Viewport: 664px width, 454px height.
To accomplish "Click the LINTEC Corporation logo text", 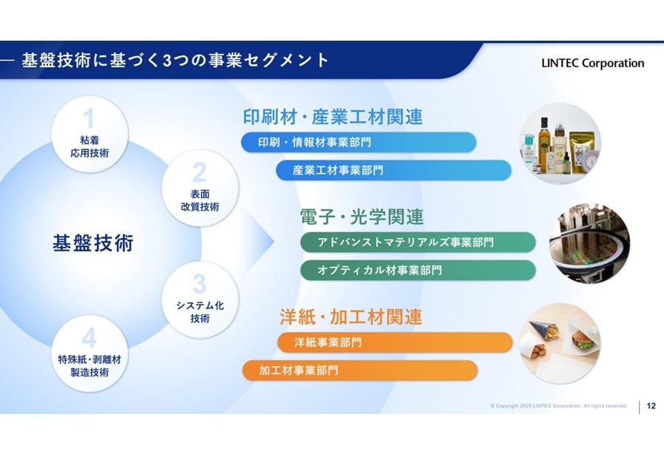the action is coord(592,63).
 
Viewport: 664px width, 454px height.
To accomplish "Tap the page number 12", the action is coord(651,406).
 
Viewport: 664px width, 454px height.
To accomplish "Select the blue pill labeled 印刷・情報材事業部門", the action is coord(359,142).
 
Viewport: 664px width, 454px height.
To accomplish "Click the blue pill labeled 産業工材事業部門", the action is coord(393,170).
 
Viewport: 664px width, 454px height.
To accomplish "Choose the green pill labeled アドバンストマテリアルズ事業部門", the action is coord(418,243).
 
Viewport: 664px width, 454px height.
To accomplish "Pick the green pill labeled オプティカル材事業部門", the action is coord(418,270).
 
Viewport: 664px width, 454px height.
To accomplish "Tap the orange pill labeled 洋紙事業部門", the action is coord(395,342).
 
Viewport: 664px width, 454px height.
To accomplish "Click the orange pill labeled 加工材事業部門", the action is coord(360,370).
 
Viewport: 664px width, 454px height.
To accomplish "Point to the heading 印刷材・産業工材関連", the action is coord(333,117).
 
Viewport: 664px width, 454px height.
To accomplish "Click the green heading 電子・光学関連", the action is coord(362,217).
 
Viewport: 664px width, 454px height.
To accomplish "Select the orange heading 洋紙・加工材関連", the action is coord(350,316).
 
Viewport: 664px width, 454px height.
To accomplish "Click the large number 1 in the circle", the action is coord(89,118).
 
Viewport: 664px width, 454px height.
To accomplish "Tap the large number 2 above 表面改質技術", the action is coord(200,172).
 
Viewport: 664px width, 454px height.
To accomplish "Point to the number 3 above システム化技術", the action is coord(200,284).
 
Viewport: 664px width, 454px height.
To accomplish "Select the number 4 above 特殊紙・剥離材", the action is coord(89,338).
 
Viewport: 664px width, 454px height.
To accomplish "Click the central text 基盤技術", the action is coord(92,243).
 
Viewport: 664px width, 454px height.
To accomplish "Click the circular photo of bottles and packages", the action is coord(560,143).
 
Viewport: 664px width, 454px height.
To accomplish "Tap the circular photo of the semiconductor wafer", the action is coord(589,243).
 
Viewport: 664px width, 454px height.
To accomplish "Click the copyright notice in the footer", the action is coord(558,406).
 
